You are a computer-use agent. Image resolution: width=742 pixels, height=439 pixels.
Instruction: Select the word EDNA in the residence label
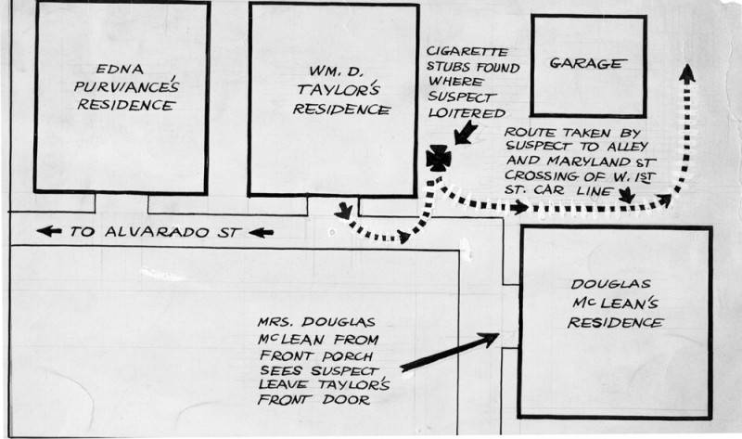coord(117,68)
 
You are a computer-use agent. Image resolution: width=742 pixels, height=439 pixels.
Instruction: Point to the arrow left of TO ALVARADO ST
coord(50,232)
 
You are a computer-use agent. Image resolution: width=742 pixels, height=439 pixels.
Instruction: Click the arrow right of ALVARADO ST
coord(262,232)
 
